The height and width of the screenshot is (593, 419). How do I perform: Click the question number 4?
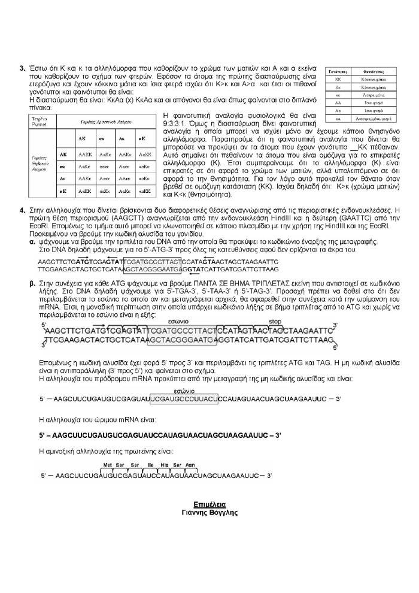(x=22, y=210)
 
